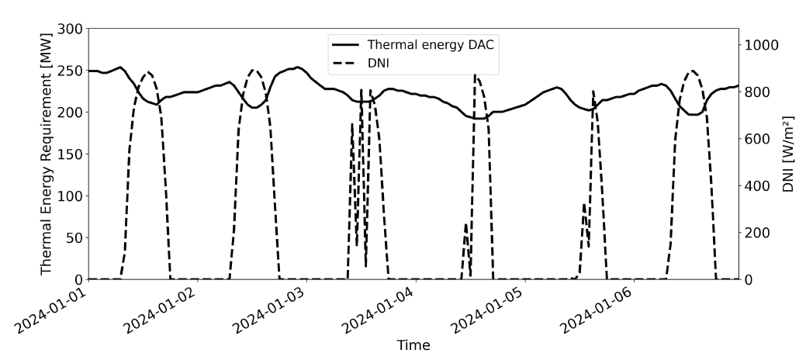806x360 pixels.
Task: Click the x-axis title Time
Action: (x=413, y=344)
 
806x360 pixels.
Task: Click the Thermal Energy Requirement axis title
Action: (x=47, y=154)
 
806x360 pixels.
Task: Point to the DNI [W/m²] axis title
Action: (x=788, y=154)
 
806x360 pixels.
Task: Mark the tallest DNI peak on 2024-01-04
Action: (x=476, y=75)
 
